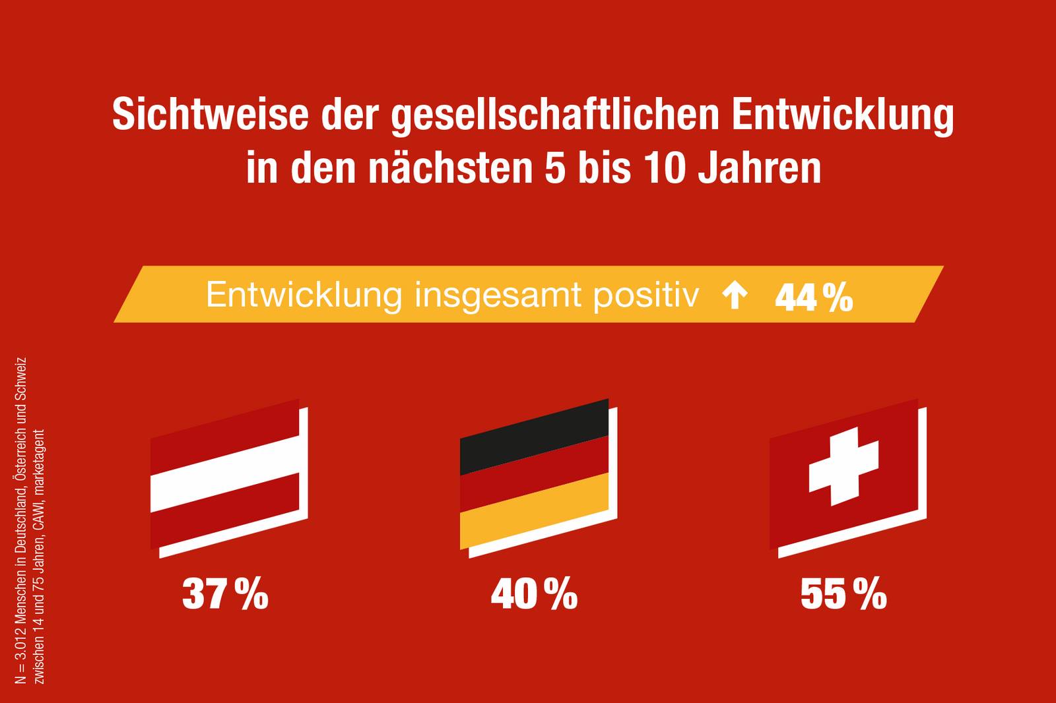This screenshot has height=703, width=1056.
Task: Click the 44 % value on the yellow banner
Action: click(814, 298)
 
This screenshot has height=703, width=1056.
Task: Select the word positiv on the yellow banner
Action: click(645, 295)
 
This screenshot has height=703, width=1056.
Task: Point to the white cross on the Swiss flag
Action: click(843, 466)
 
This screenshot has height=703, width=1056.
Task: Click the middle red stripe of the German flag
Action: click(533, 474)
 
